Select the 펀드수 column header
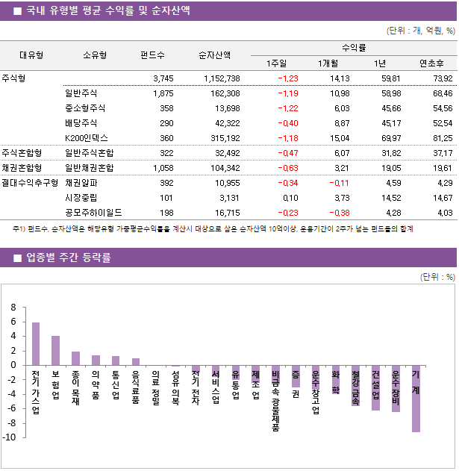pos(153,54)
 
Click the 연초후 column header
pos(433,63)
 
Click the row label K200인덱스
pos(87,138)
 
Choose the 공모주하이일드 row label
pos(93,213)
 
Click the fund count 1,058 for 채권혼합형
pos(163,168)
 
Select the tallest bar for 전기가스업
pos(36,343)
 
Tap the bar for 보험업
pos(56,351)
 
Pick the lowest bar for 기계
pos(416,399)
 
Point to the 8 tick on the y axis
pos(13,308)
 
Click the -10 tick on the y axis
pos(10,437)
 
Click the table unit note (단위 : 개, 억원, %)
pos(420,31)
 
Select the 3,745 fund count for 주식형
pos(163,78)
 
